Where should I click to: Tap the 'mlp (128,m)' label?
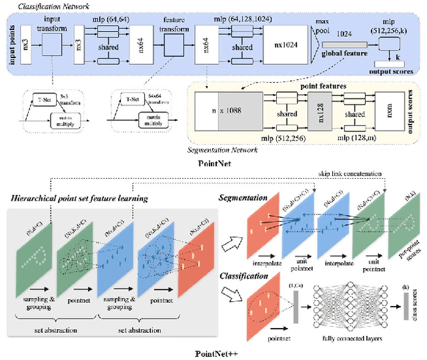click(x=345, y=138)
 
